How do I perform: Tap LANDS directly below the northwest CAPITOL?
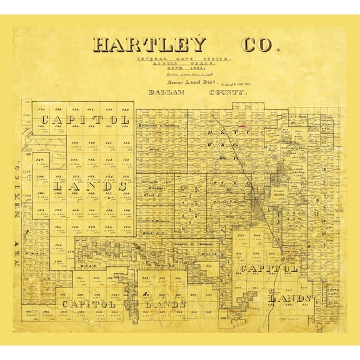(91, 186)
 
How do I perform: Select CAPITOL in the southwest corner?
(88, 304)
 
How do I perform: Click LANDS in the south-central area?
(165, 304)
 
